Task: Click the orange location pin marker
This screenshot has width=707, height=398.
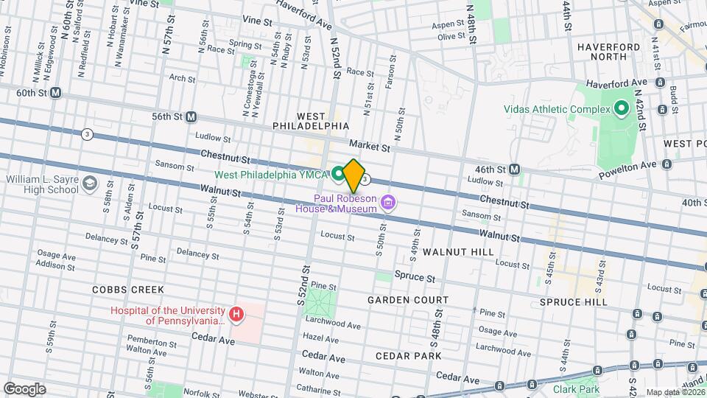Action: (353, 175)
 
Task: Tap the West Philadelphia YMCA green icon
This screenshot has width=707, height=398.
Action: (337, 174)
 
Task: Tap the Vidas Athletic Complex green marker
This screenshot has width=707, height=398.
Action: (621, 109)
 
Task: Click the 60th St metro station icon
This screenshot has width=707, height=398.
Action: (55, 94)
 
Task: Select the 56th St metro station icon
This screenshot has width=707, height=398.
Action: (191, 116)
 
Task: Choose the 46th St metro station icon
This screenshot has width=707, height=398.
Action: (514, 170)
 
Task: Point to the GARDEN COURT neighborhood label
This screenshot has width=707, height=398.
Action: (408, 300)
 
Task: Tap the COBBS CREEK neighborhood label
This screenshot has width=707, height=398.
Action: (128, 290)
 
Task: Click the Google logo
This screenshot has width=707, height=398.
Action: (24, 388)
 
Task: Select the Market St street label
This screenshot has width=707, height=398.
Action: (369, 147)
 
